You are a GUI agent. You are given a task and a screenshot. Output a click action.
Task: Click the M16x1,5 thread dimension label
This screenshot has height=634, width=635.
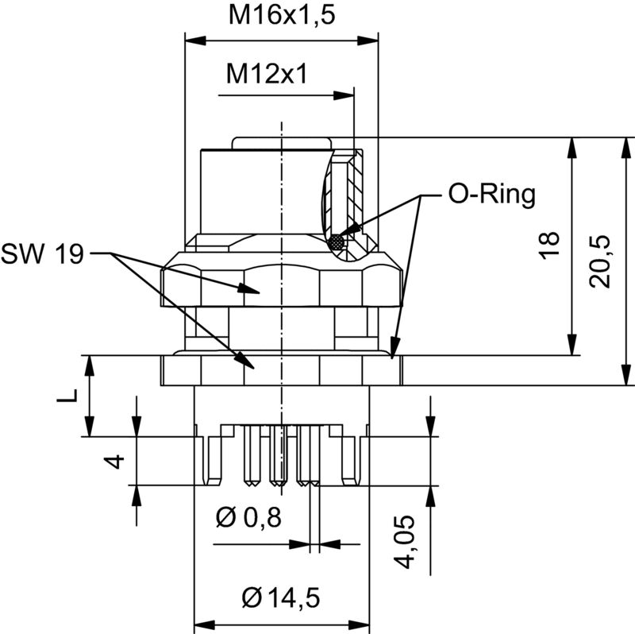coord(280,15)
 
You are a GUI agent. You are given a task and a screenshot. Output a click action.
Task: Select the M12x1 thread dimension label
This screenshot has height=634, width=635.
coord(267,74)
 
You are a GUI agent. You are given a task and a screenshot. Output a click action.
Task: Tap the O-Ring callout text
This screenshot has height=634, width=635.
coord(492,195)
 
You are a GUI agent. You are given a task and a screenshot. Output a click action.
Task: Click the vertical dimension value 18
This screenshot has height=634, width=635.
coord(553,245)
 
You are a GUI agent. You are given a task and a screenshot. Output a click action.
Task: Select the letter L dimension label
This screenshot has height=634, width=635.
coord(70,396)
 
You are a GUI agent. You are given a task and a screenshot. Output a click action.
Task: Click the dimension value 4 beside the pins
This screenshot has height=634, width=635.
coord(117,461)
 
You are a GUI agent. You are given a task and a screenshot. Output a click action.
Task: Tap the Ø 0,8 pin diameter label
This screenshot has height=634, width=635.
coord(248,518)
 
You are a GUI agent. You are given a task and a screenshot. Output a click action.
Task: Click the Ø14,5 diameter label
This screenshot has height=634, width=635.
coord(281,597)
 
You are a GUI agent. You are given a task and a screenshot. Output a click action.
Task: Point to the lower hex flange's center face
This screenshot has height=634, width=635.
coord(282,370)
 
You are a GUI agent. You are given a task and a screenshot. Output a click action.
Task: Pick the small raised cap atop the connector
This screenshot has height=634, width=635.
coord(282,142)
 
